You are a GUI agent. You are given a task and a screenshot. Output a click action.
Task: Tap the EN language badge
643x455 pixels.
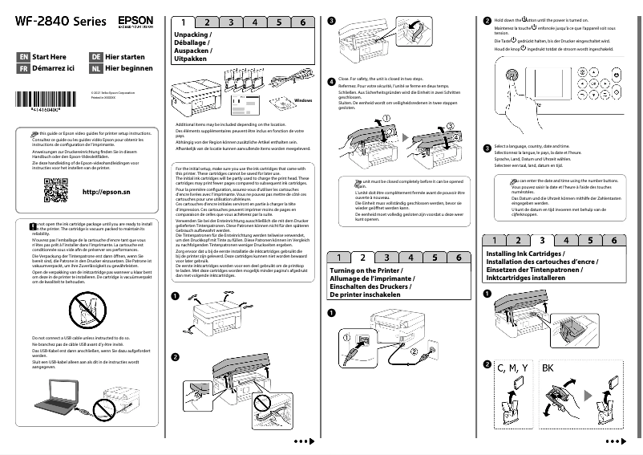click(x=23, y=57)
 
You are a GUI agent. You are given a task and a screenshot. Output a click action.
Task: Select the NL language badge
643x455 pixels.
click(x=96, y=69)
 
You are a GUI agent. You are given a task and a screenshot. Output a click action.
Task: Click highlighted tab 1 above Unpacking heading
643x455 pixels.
click(x=184, y=22)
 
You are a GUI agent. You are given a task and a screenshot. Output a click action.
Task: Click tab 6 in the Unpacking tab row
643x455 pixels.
click(x=302, y=22)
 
